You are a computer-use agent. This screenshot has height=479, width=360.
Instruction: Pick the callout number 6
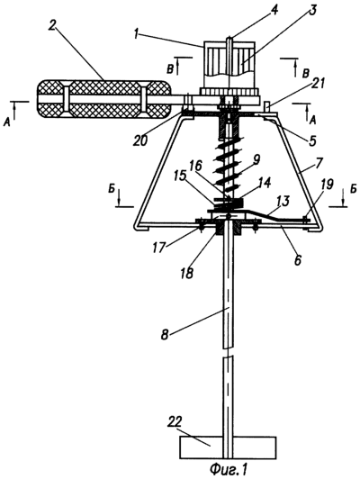coord(298,259)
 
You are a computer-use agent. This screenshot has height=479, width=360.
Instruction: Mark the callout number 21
coord(319,84)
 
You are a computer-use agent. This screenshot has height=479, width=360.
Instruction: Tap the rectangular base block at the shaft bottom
coord(229,447)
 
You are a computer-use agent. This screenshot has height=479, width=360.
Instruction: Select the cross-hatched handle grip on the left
coord(103,100)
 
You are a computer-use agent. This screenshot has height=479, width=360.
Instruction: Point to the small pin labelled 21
coord(266,107)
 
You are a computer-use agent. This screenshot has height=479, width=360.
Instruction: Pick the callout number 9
coord(256,158)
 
